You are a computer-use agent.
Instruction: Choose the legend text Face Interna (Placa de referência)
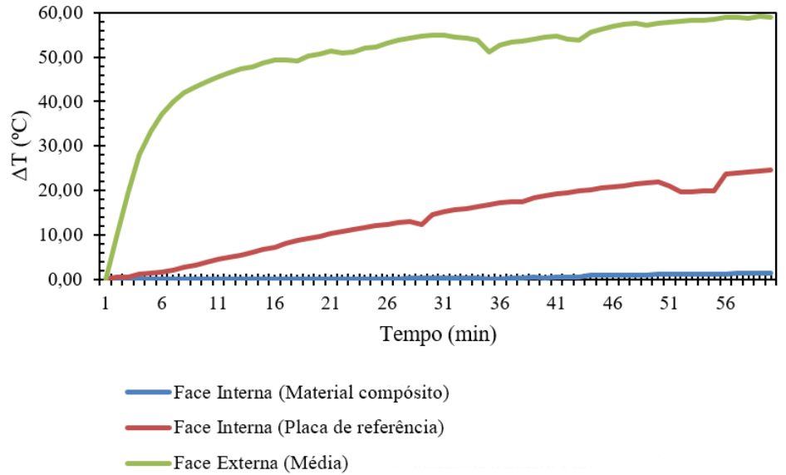[x=310, y=428]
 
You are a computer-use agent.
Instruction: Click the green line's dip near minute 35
[x=489, y=52]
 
